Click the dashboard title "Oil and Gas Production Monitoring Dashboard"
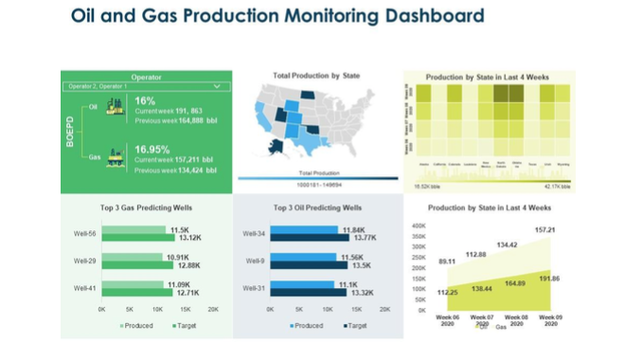point(277,16)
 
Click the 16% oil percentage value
point(145,100)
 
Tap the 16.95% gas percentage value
point(151,149)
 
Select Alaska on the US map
point(276,145)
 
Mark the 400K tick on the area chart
point(419,225)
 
